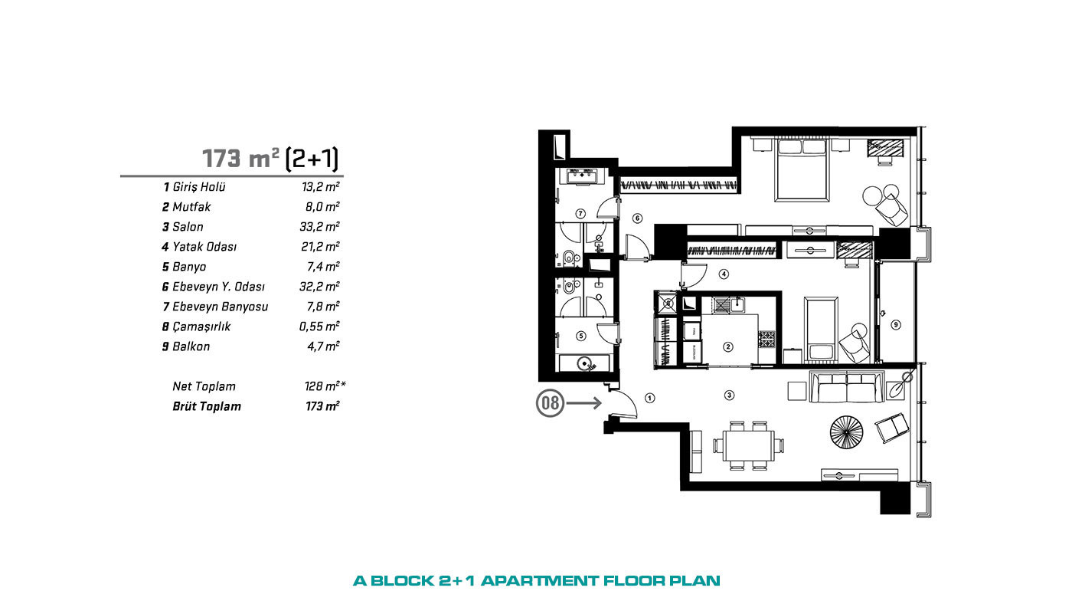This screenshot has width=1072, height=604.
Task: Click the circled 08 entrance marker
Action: (550, 403)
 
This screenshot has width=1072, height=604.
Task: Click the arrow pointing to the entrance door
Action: (583, 403)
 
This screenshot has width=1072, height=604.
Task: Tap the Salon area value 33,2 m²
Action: (320, 227)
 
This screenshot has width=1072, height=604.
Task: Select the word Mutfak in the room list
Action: (191, 207)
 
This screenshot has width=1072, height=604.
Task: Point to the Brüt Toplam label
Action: (207, 407)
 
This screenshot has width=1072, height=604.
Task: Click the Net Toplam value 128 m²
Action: (325, 386)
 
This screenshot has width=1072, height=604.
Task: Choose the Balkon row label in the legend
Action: (191, 346)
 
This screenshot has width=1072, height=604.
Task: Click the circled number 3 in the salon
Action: (729, 396)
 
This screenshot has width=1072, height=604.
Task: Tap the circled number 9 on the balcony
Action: (896, 325)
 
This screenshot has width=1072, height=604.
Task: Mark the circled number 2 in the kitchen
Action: (728, 346)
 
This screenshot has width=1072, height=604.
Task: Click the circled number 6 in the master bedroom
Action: (637, 218)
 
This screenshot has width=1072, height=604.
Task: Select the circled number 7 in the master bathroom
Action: (580, 214)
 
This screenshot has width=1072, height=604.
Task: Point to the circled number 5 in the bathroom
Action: (581, 336)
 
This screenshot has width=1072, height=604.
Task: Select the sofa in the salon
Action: (846, 386)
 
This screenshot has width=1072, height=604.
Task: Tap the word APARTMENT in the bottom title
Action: (539, 581)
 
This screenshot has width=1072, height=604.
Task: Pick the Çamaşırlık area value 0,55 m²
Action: (319, 327)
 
